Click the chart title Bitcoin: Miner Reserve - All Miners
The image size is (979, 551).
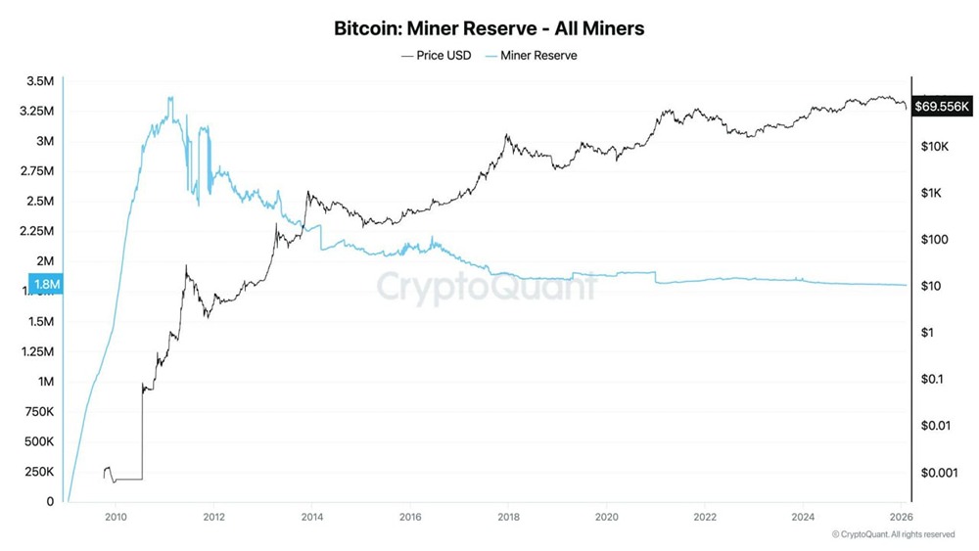[x=489, y=28]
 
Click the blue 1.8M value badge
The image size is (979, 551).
[x=46, y=285]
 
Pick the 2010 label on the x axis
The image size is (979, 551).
[x=116, y=517]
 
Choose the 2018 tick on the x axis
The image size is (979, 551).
[x=508, y=517]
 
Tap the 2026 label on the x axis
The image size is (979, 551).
[x=901, y=517]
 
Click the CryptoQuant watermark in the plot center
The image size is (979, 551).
[x=487, y=287]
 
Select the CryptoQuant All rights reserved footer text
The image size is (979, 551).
[x=893, y=534]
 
